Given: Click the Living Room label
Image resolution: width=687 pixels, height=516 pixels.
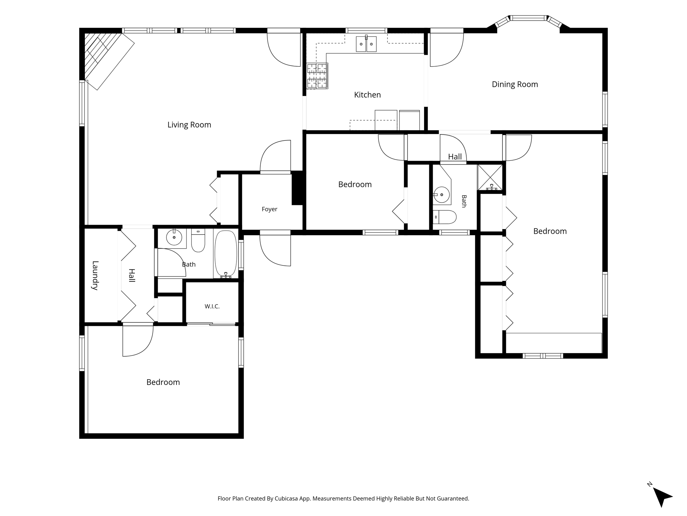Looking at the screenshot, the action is point(189,125).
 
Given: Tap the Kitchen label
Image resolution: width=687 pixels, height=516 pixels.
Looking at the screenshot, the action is point(367,95).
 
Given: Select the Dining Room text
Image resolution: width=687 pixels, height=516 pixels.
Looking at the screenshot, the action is point(515,84).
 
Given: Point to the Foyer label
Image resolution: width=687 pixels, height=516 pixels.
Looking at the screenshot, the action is point(269,209).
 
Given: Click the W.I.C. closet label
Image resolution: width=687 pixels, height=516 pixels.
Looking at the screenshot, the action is point(212,306).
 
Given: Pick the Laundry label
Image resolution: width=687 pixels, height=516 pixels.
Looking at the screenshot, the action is point(95,275).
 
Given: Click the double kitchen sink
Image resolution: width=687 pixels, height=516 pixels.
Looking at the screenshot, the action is point(366,44).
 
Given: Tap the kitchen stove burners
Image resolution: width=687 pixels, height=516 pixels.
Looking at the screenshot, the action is point(317,76).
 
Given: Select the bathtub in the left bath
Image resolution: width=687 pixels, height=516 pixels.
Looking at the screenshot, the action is point(226,254).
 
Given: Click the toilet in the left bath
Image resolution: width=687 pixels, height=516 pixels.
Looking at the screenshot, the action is point(198,240).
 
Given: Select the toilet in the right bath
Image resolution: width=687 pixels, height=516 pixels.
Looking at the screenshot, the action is point(444,217).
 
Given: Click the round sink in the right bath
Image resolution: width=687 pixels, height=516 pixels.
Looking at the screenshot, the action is point(442,195).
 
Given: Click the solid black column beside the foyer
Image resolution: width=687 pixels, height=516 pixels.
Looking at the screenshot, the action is point(297,188).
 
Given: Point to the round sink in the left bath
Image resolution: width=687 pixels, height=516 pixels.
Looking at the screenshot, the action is point(174,238).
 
